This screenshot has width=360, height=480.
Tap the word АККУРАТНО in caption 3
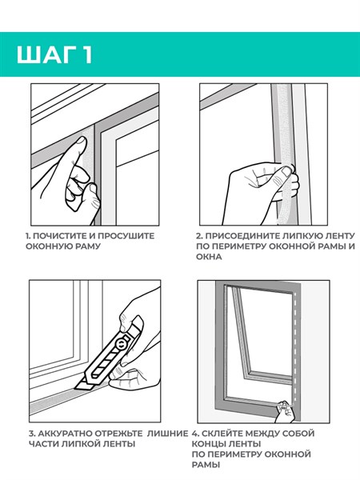63,434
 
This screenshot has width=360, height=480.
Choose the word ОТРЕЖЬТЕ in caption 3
118,434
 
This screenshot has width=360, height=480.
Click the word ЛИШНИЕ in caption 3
167,434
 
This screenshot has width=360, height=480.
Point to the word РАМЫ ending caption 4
206,464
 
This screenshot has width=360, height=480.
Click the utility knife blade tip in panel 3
74,389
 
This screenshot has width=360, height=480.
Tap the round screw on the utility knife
121,343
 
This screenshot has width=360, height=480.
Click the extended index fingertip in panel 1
81,142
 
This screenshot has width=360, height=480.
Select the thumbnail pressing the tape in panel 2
286,171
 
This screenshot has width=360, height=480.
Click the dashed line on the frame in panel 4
295,351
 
